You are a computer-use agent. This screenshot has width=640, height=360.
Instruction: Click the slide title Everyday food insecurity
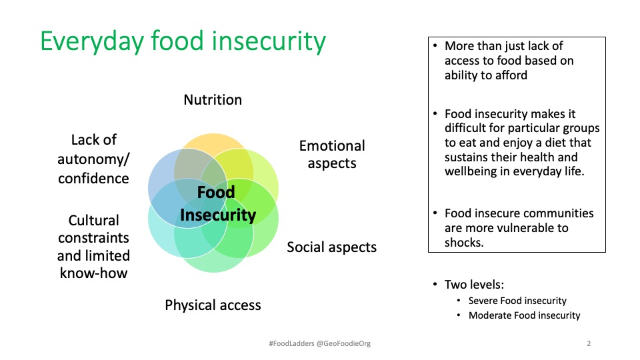click(183, 41)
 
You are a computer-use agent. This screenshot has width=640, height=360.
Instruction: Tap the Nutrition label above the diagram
click(213, 100)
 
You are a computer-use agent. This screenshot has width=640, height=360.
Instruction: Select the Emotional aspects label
click(332, 155)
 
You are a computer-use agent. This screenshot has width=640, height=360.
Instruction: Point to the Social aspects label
click(331, 247)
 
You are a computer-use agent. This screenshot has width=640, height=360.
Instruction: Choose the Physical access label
click(213, 305)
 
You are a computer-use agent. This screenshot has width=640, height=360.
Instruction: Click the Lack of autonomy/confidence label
click(93, 159)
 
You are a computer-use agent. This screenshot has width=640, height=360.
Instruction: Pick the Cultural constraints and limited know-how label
click(93, 247)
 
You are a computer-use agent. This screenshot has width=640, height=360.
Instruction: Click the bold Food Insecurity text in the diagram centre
click(217, 204)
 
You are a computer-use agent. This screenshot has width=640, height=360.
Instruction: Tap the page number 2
click(589, 344)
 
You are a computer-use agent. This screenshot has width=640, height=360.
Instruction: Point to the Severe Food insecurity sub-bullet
click(517, 301)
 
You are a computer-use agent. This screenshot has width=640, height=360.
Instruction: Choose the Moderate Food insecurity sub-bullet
click(524, 315)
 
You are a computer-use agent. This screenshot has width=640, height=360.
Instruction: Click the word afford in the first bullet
click(510, 75)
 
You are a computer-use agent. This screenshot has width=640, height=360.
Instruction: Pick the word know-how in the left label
click(93, 273)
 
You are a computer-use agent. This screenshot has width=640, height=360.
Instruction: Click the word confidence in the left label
click(93, 179)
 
